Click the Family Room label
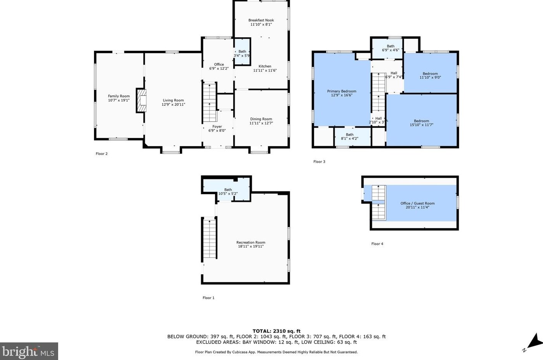pyautogui.click(x=119, y=96)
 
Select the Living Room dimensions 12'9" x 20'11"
pyautogui.click(x=174, y=105)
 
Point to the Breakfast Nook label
pyautogui.click(x=261, y=20)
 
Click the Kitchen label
pyautogui.click(x=265, y=66)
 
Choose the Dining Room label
pyautogui.click(x=261, y=119)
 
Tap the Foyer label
pyautogui.click(x=217, y=126)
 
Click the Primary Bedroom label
pyautogui.click(x=342, y=91)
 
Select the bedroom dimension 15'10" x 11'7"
pyautogui.click(x=421, y=125)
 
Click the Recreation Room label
pyautogui.click(x=251, y=242)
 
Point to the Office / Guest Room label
pyautogui.click(x=418, y=203)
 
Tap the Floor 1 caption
pyautogui.click(x=208, y=298)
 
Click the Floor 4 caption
pyautogui.click(x=377, y=244)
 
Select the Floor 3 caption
pyautogui.click(x=319, y=162)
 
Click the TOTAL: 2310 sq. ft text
pyautogui.click(x=277, y=331)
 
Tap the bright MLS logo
pyautogui.click(x=29, y=351)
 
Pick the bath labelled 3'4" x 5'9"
pyautogui.click(x=242, y=52)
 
